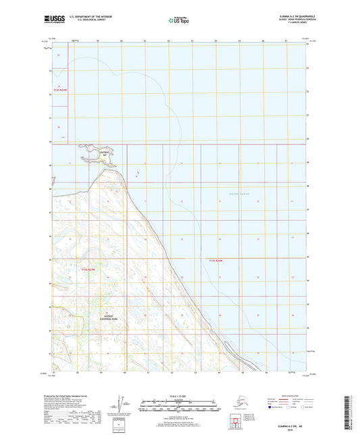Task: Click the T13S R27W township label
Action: tap(90, 270)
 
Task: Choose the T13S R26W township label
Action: tap(216, 260)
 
